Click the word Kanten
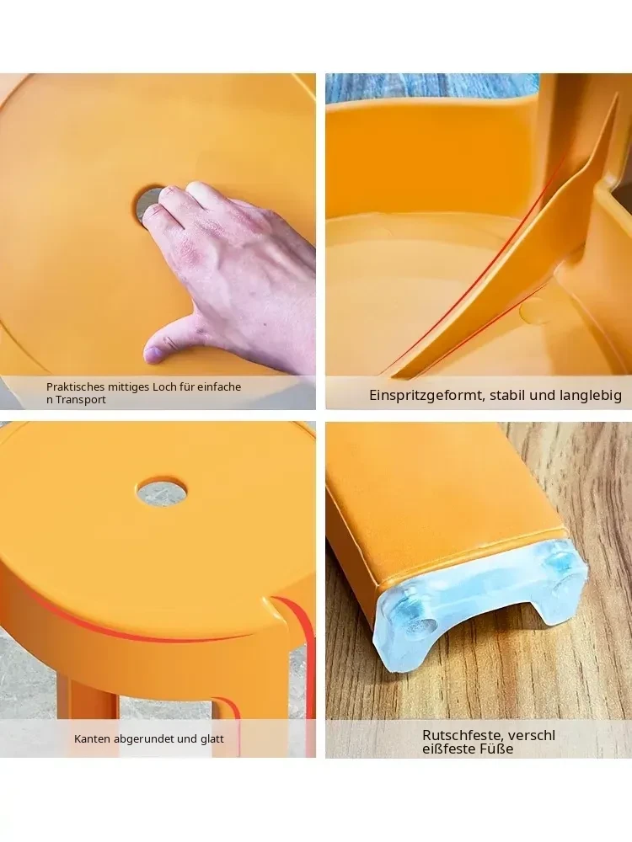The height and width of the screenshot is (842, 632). pos(90,739)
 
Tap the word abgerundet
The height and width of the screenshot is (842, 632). pos(137,739)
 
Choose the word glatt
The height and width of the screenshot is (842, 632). pos(212,739)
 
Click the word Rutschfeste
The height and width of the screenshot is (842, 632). pos(462,735)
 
